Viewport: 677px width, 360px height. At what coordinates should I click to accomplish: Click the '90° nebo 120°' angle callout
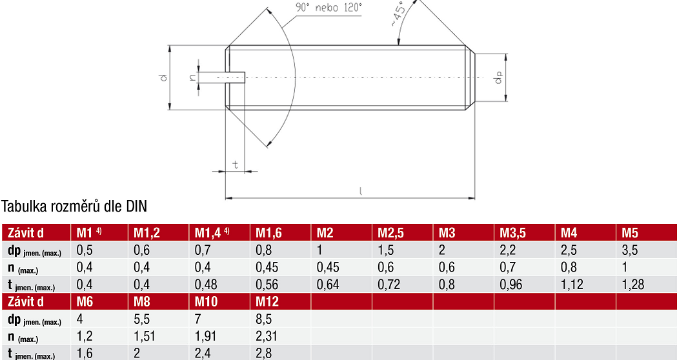pyautogui.click(x=328, y=8)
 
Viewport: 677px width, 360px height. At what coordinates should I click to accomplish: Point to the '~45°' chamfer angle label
pyautogui.click(x=399, y=14)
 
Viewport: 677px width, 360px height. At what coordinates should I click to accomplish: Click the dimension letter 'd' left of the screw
pyautogui.click(x=163, y=77)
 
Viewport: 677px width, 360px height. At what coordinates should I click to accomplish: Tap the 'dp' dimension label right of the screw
pyautogui.click(x=499, y=77)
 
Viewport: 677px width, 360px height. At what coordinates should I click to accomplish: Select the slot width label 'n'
pyautogui.click(x=192, y=77)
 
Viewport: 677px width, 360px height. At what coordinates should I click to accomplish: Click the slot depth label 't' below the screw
pyautogui.click(x=236, y=165)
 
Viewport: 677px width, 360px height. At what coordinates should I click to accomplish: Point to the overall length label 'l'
pyautogui.click(x=361, y=191)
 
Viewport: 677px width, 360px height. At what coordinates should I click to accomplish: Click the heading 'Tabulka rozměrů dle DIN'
pyautogui.click(x=74, y=206)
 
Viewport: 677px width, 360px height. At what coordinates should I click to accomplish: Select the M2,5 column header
pyautogui.click(x=390, y=233)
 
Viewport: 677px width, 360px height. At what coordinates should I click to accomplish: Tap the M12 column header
pyautogui.click(x=267, y=301)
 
